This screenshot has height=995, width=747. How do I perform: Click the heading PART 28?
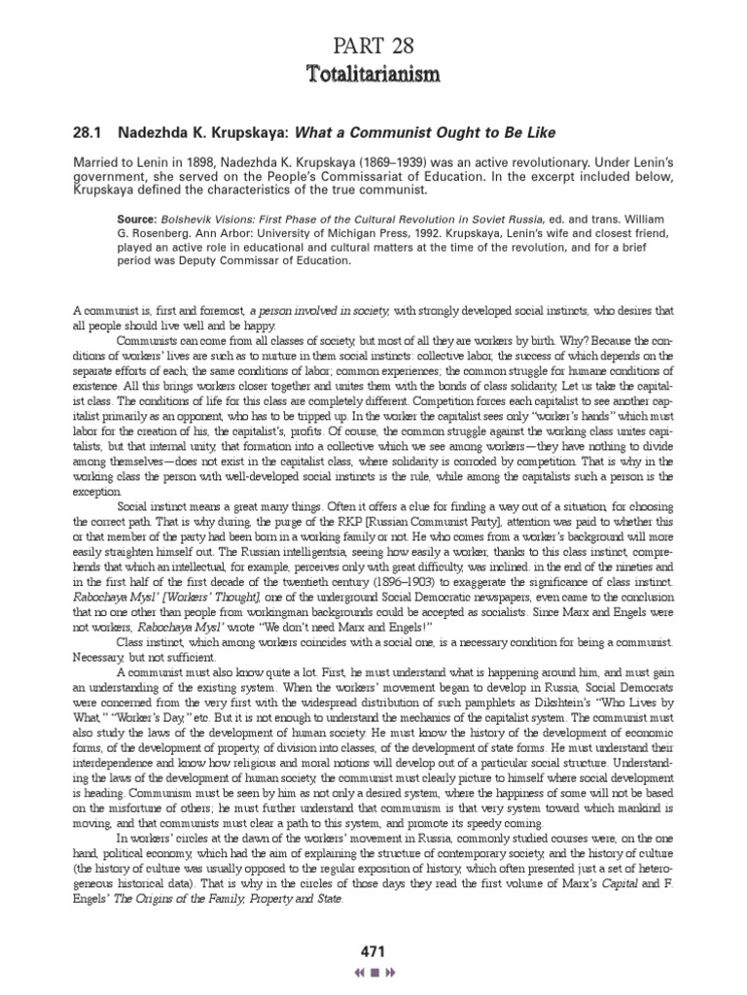click(x=373, y=43)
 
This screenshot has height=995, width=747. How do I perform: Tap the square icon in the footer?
click(x=373, y=971)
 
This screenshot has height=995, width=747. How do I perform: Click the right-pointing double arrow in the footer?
click(x=391, y=971)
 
